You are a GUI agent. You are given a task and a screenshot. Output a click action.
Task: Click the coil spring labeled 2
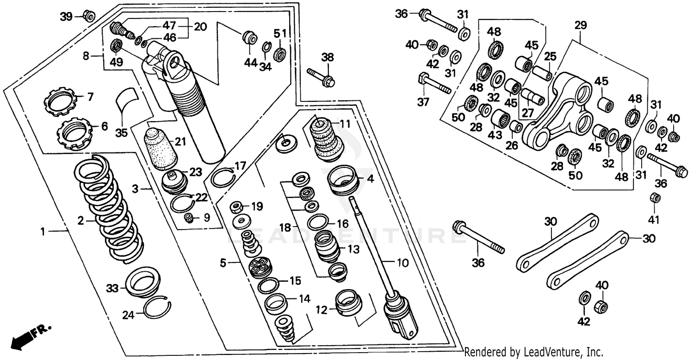109,208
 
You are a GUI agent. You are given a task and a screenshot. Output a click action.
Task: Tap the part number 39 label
67,17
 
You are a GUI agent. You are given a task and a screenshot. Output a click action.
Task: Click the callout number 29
580,26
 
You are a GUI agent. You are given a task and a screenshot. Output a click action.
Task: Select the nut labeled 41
655,198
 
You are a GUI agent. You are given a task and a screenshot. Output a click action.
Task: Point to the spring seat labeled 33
143,281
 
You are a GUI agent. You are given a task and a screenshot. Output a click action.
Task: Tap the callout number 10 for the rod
403,263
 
